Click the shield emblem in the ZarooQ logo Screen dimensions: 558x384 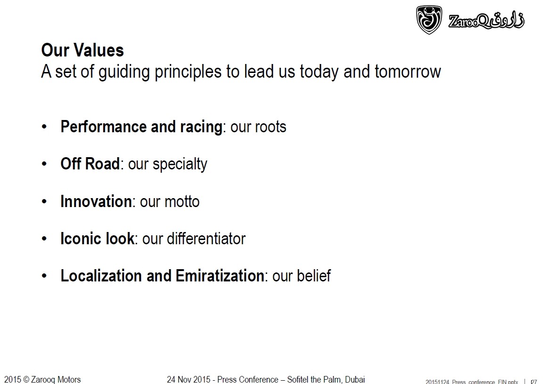point(429,20)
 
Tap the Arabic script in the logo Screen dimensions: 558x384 point(507,20)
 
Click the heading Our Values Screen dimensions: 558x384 point(82,50)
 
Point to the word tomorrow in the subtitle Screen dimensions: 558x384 point(408,72)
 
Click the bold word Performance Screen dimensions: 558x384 point(104,127)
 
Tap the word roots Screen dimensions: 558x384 point(272,127)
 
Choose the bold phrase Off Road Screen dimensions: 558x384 point(90,164)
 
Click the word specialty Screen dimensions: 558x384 point(180,164)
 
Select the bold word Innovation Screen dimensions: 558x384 point(96,201)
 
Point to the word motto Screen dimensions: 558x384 point(182,202)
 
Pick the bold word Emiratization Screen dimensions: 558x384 point(220,276)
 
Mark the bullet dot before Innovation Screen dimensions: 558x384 point(44,202)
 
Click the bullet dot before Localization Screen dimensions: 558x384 point(44,276)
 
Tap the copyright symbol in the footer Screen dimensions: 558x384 point(26,379)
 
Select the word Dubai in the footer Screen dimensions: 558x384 point(355,379)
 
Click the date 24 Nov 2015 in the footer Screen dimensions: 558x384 point(189,379)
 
